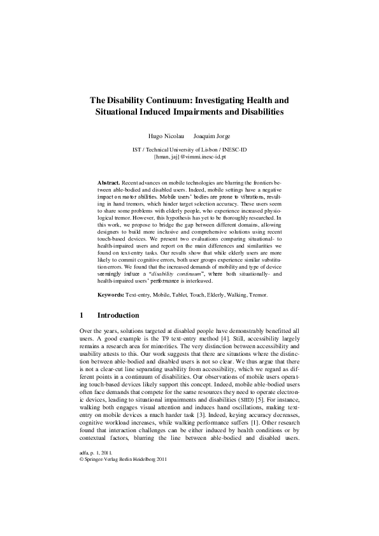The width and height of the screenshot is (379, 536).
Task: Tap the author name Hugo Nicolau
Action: tap(163, 137)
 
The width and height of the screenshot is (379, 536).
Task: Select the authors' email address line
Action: tap(189, 155)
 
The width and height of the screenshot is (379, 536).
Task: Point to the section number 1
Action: tap(81, 315)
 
